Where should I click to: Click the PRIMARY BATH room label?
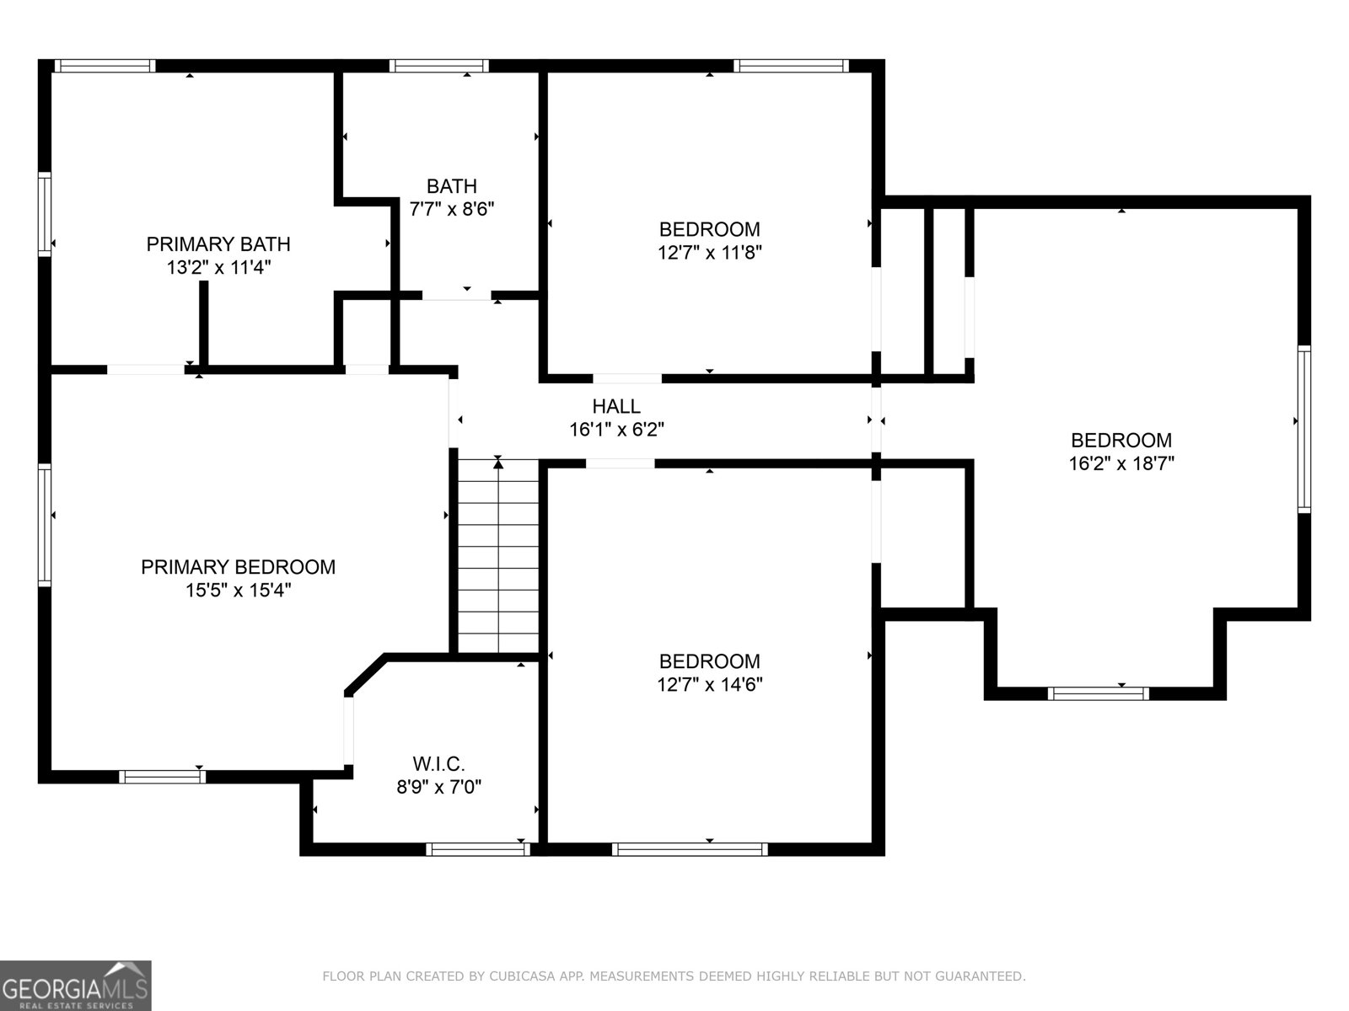pos(218,244)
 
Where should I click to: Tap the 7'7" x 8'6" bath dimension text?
pos(451,209)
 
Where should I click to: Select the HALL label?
pos(615,407)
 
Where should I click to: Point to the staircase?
pos(498,556)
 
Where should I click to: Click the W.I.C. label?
pos(438,764)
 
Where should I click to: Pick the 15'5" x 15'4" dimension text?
pos(238,590)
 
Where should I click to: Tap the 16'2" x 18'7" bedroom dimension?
pos(1121,463)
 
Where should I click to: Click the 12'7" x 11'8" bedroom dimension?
pos(709,252)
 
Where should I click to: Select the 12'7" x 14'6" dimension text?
pos(709,684)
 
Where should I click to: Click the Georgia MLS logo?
pos(76,985)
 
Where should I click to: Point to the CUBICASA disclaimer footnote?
pos(674,976)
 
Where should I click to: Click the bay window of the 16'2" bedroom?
pos(1098,693)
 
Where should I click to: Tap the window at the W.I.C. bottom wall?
pos(478,849)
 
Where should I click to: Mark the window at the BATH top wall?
pos(438,66)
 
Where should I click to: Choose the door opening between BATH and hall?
pos(456,295)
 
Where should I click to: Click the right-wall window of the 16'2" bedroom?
pos(1303,430)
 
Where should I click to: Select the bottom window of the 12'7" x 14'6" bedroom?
pos(690,849)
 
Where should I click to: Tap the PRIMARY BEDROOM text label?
pos(238,567)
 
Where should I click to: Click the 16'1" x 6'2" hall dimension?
pos(615,430)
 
